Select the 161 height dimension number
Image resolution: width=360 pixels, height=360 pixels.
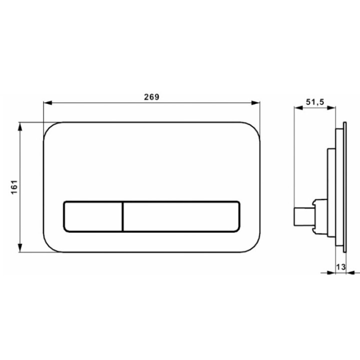[x=14, y=187]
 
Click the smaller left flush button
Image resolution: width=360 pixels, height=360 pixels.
[x=92, y=216]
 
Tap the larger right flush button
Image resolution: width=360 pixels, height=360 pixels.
[x=181, y=216]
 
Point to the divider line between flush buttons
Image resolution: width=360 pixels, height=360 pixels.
[x=122, y=216]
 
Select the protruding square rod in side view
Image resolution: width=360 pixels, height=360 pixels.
[x=301, y=216]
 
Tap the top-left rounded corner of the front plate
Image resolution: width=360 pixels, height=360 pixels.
[x=50, y=128]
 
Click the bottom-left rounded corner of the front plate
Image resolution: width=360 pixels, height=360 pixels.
[x=50, y=245]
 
